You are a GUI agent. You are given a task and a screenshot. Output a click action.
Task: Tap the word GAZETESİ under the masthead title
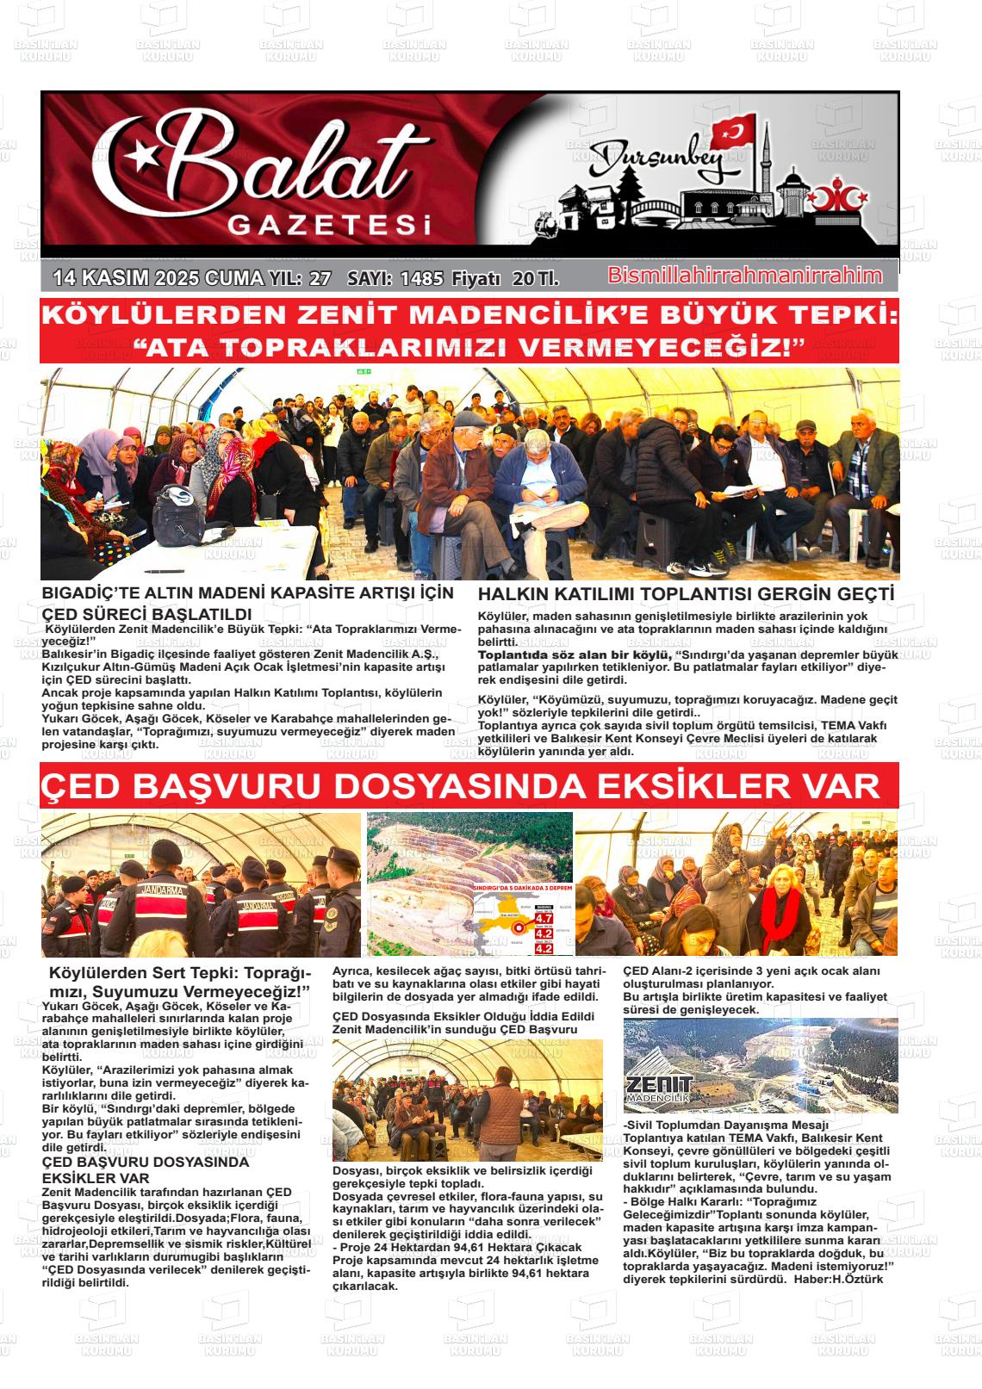tap(328, 226)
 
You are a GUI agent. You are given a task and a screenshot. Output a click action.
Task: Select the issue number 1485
tap(422, 278)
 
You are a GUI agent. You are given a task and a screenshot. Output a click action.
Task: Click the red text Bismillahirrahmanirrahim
tap(745, 276)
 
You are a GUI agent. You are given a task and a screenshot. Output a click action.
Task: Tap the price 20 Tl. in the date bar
tap(535, 278)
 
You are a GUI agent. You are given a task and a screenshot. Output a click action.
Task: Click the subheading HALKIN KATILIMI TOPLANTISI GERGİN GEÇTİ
tap(686, 594)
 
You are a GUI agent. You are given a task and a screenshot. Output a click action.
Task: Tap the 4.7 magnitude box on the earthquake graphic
tap(544, 918)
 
